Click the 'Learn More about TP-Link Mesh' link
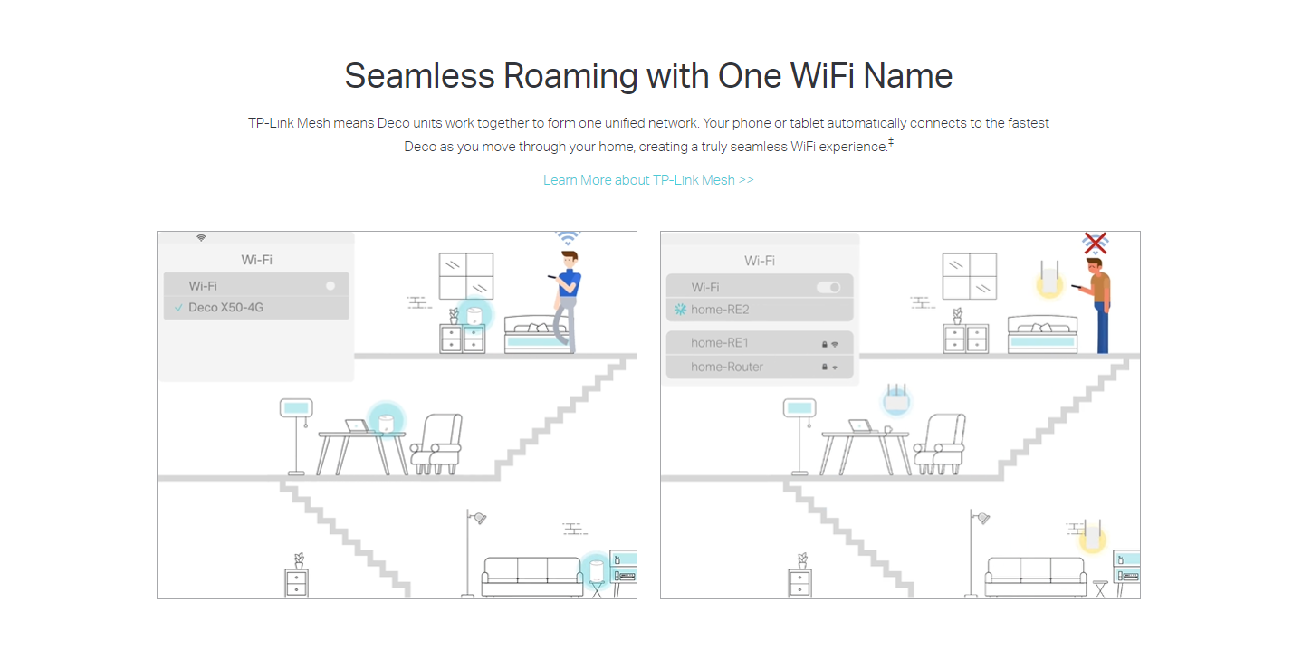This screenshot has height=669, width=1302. [x=648, y=180]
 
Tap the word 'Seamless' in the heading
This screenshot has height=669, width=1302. [x=419, y=76]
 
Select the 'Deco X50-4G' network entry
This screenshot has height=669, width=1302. [x=256, y=308]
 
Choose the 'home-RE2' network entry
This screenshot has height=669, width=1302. [x=759, y=310]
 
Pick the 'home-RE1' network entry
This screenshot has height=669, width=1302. [x=759, y=343]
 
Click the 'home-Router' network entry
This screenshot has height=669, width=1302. [x=759, y=367]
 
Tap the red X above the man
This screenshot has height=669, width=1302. [x=1095, y=244]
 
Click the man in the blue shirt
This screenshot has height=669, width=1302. [x=566, y=301]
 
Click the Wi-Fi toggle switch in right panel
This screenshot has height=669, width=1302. [x=828, y=288]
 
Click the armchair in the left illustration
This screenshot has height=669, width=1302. [x=437, y=444]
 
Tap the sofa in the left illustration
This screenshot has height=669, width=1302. [x=531, y=577]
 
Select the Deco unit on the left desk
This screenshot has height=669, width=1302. [x=386, y=421]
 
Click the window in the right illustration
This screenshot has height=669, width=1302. [x=970, y=276]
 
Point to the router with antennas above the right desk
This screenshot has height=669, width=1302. [x=896, y=398]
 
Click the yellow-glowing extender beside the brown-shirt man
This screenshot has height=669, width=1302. [x=1049, y=279]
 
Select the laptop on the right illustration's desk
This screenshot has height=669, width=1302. [x=860, y=426]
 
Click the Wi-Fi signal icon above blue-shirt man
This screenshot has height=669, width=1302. [x=568, y=238]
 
